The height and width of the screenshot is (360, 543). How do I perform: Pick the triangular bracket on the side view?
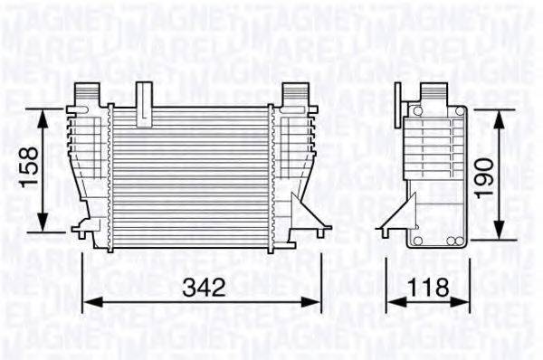[392, 219]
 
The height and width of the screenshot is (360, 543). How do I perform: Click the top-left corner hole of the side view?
[415, 111]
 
